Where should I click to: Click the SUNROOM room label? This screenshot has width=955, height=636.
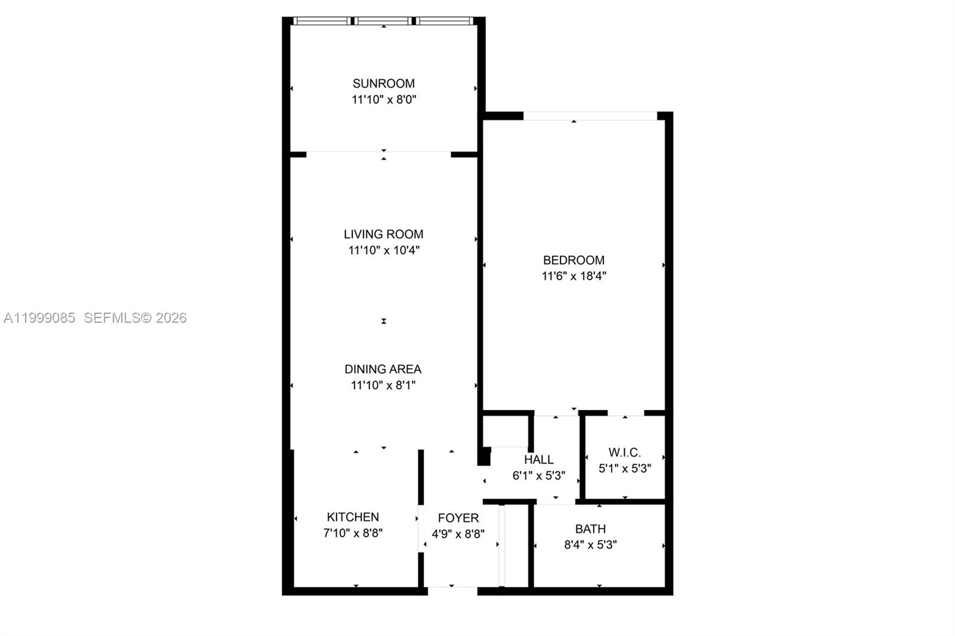(x=383, y=84)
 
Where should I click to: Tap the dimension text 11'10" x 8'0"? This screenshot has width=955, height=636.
(x=383, y=100)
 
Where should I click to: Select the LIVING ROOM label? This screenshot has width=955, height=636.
(x=383, y=234)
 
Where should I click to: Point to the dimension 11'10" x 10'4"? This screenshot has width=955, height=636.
(x=383, y=251)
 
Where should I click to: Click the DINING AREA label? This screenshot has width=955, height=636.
(x=383, y=369)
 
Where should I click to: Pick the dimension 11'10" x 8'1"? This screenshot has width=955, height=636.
(x=383, y=385)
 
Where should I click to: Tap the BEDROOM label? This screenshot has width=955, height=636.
(x=574, y=260)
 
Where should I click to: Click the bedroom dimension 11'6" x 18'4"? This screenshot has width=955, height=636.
(x=574, y=276)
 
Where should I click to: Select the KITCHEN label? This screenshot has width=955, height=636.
(x=353, y=517)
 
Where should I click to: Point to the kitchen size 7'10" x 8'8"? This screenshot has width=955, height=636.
(x=353, y=533)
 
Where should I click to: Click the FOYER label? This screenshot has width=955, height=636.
(x=458, y=518)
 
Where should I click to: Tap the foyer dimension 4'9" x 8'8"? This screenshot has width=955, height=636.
(x=458, y=534)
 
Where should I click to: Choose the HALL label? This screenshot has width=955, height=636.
(x=538, y=460)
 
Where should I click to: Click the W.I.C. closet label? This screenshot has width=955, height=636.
(x=624, y=453)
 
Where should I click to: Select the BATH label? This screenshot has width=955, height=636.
(x=590, y=529)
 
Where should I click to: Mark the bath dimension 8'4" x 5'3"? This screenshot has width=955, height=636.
(x=590, y=545)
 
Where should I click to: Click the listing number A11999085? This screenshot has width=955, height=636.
(x=39, y=318)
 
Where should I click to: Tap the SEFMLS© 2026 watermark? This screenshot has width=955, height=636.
(x=135, y=318)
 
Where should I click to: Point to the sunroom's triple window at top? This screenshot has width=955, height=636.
(x=383, y=21)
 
